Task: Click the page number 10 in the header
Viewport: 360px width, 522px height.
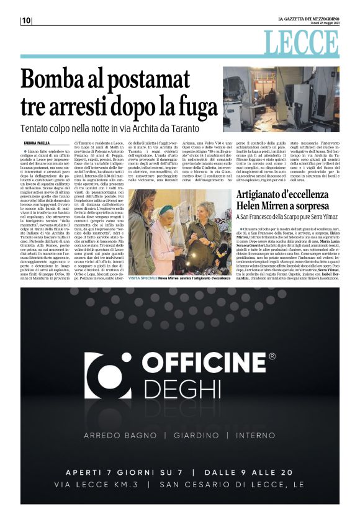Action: (26, 20)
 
